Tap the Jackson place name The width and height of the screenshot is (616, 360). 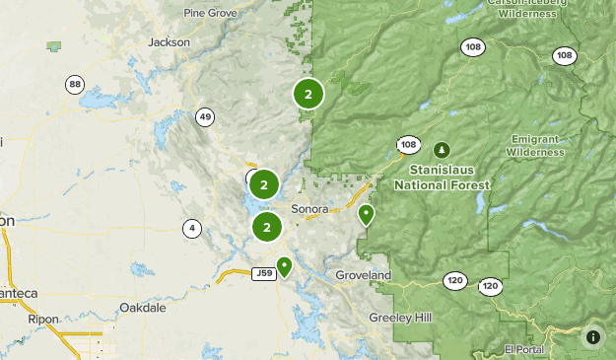click(168, 42)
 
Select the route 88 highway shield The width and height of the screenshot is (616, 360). click(75, 85)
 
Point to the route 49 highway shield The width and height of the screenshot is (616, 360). click(205, 117)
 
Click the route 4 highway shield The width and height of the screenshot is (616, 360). click(190, 229)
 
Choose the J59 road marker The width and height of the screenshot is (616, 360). click(262, 273)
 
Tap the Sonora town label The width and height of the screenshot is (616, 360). click(309, 209)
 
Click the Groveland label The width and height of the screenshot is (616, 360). click(363, 274)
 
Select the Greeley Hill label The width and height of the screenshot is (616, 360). click(399, 318)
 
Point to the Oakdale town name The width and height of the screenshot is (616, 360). click(142, 308)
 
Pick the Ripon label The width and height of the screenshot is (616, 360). click(43, 319)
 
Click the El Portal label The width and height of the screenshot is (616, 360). click(523, 349)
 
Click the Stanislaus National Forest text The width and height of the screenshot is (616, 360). click(443, 178)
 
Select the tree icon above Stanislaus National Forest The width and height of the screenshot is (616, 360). click(443, 150)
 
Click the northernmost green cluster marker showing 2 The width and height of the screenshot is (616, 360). click(308, 95)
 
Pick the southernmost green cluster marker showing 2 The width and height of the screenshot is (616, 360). click(267, 227)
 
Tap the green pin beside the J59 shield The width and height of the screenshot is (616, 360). click(285, 265)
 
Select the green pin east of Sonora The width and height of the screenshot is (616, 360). click(367, 213)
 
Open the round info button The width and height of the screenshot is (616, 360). click(593, 337)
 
